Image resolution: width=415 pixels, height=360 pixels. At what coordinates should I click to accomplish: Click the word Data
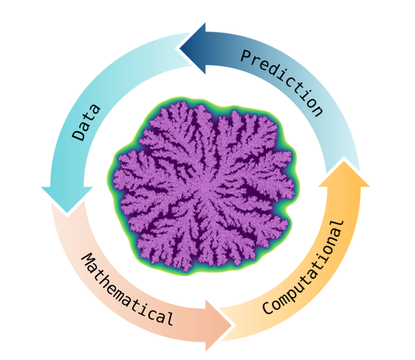pos(87,122)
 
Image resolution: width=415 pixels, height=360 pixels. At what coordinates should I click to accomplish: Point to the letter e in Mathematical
pos(122,289)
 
